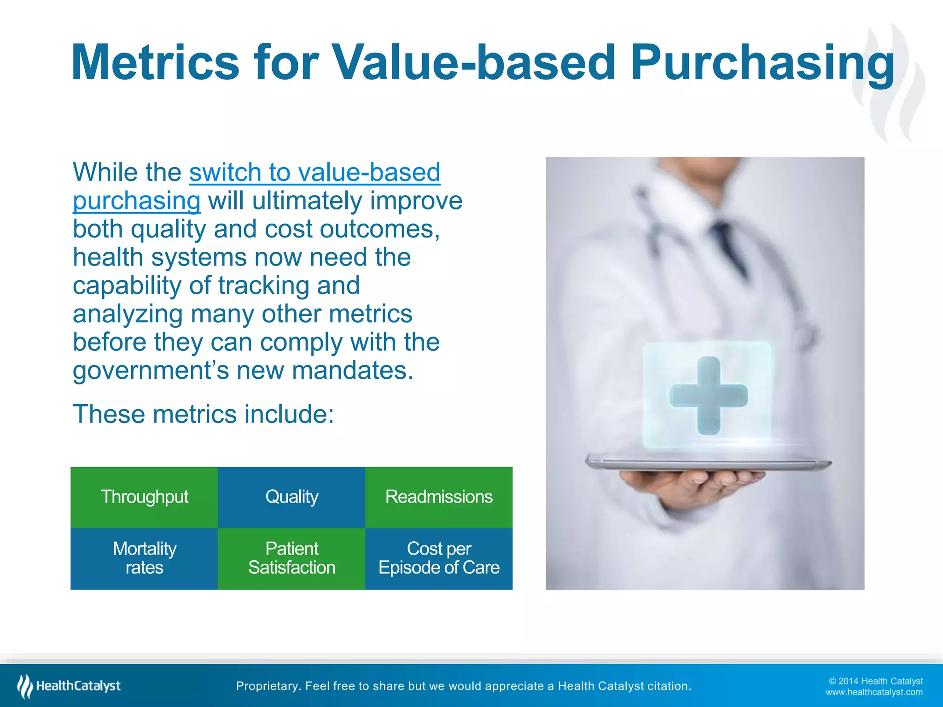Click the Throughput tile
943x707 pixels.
pyautogui.click(x=144, y=497)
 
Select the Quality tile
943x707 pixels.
pyautogui.click(x=291, y=497)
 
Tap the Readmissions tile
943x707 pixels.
pyautogui.click(x=439, y=497)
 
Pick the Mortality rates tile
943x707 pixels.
pyautogui.click(x=144, y=558)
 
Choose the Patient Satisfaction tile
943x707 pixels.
pyautogui.click(x=291, y=558)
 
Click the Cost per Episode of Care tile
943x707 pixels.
pyautogui.click(x=439, y=558)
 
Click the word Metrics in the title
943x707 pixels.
pyautogui.click(x=155, y=63)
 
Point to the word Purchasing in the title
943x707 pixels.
pyautogui.click(x=762, y=63)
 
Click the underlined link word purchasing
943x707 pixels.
pyautogui.click(x=137, y=201)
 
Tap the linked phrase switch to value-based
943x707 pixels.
pyautogui.click(x=314, y=172)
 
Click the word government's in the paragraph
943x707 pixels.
pyautogui.click(x=151, y=371)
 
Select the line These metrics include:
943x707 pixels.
pyautogui.click(x=203, y=414)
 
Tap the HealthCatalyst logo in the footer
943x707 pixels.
pyautogui.click(x=69, y=686)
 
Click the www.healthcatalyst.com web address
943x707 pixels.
pyautogui.click(x=873, y=692)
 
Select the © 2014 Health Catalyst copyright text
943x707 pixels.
pyautogui.click(x=875, y=681)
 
